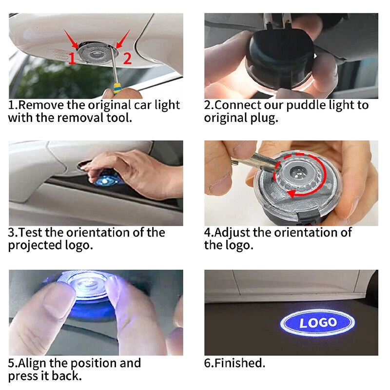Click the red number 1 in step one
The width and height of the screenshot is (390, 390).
tap(72, 58)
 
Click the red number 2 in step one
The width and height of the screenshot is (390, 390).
tap(127, 58)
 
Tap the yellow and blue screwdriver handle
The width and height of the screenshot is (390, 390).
tap(117, 89)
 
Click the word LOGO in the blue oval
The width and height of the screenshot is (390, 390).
tap(318, 323)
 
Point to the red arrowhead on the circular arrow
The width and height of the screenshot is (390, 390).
tap(292, 193)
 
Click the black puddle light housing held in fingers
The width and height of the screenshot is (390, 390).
tap(278, 59)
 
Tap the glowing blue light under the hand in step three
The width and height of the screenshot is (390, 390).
tap(106, 180)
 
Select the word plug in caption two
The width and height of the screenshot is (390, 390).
tap(264, 118)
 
